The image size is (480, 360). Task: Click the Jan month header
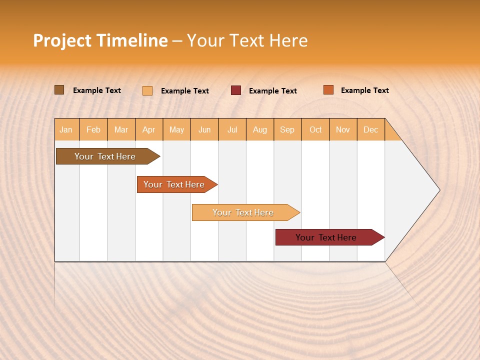coord(66,129)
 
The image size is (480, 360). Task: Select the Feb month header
coord(93,129)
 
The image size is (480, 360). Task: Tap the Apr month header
coord(148,129)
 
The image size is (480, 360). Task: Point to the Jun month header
coord(204,129)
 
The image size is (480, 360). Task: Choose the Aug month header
coord(259,129)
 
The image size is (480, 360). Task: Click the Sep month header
coord(287,129)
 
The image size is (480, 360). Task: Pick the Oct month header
coord(315,129)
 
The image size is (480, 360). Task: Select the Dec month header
coord(370,129)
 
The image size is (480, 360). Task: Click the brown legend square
coord(59,90)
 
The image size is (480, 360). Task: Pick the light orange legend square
coord(147,90)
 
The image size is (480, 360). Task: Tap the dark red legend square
coord(236,90)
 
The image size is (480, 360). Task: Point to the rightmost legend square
coord(328,90)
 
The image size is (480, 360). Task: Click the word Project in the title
coord(62,40)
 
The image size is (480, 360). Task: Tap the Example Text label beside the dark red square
coord(272,91)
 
